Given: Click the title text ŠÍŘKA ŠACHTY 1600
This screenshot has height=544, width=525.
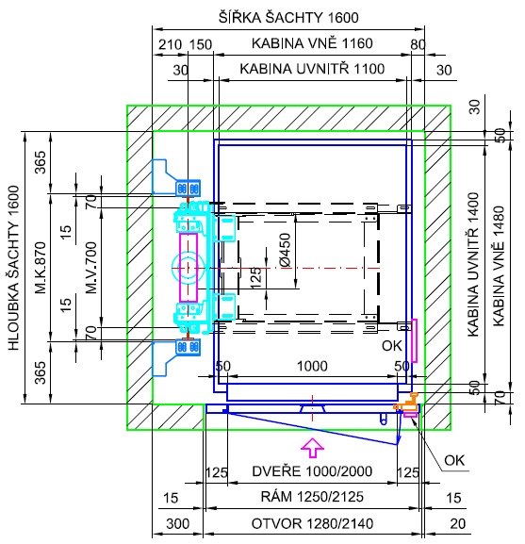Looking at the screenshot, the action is click(x=288, y=17).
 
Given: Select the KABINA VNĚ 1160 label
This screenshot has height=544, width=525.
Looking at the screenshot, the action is click(x=312, y=43).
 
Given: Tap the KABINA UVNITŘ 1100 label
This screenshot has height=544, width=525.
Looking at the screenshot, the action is click(x=312, y=69).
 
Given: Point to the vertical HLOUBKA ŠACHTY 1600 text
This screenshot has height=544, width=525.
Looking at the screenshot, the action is click(x=13, y=268).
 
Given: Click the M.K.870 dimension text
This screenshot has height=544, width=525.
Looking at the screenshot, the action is click(x=41, y=268).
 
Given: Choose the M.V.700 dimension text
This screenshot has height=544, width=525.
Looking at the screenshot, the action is click(x=91, y=268).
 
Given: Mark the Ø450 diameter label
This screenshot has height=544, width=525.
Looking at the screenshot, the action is click(x=286, y=250).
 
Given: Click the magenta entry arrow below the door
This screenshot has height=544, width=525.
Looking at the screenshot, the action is click(x=312, y=448).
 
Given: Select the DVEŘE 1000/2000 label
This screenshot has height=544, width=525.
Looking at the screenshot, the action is click(x=312, y=471).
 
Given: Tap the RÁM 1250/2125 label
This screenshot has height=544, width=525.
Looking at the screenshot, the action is click(x=312, y=497).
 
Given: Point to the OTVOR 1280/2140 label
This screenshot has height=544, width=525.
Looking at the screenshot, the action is click(x=312, y=523).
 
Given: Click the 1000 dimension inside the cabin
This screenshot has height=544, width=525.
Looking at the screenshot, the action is click(x=312, y=366).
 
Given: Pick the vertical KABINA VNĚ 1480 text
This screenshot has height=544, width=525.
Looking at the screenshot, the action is click(x=499, y=266).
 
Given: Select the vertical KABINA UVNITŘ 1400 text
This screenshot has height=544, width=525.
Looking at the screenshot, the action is click(x=473, y=264).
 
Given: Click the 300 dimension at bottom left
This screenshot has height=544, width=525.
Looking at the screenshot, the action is click(x=178, y=523).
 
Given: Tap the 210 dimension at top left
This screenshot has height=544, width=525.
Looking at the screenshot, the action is click(x=170, y=44).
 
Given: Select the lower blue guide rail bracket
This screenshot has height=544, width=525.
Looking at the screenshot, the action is click(x=176, y=356).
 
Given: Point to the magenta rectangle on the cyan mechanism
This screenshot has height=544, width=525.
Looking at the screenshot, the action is click(x=189, y=268).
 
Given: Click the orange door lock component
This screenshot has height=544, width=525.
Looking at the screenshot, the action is click(x=408, y=402).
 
